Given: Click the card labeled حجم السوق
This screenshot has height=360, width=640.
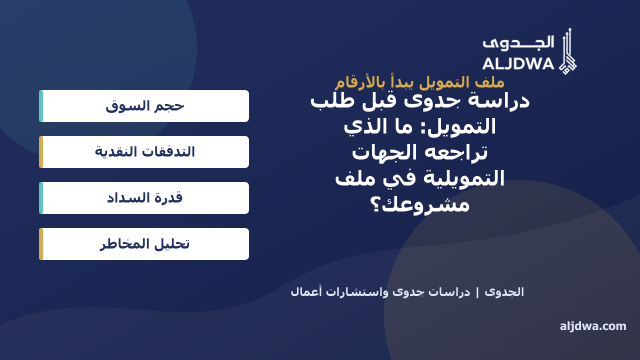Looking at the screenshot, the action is tap(144, 106).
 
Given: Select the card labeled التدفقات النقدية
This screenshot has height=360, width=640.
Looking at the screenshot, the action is tap(144, 152).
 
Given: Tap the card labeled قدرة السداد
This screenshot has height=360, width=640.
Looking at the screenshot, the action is tap(144, 198).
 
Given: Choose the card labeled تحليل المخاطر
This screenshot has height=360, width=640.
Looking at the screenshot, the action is tap(144, 244).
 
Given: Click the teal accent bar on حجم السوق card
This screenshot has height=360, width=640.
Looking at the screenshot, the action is tap(41, 106).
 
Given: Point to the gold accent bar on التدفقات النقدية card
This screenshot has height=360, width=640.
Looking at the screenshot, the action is tap(41, 152).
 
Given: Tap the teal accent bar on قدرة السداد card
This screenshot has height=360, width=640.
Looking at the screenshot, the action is tap(41, 198).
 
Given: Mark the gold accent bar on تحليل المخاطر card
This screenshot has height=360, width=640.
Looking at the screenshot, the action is tap(41, 244).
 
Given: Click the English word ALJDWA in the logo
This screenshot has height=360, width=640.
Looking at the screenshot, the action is tap(518, 63).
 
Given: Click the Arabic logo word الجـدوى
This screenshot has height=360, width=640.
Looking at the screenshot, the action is tap(518, 43).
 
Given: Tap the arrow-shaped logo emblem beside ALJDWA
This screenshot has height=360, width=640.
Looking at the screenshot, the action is tap(567, 51).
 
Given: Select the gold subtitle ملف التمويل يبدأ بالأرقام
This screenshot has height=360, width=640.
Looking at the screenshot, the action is tap(419, 82).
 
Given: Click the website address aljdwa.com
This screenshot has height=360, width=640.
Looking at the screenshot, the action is tap(593, 326).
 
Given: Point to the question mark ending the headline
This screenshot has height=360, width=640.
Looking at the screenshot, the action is tap(375, 205).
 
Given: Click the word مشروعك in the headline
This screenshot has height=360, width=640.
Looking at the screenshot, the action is tap(425, 205).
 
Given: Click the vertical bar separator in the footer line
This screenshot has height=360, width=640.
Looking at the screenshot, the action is tap(477, 292).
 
